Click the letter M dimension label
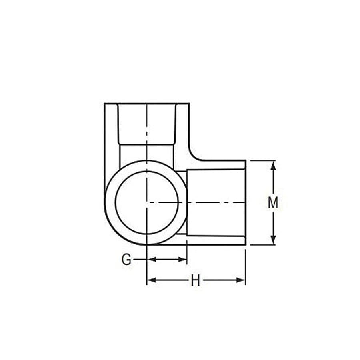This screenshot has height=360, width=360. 273,203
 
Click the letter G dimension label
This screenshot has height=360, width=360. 126,260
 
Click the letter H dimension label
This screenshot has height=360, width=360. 195,281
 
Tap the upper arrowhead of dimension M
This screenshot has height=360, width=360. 273,164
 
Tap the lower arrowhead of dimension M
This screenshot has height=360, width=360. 273,240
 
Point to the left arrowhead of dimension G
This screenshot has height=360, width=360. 151,260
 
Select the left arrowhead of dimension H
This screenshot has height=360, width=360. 151,280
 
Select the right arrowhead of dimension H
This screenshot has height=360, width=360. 241,280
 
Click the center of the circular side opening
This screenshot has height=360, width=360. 147,202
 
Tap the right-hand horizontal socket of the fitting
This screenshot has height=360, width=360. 216,202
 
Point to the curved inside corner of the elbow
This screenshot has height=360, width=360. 194,156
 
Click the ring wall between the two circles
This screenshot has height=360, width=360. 110,202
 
